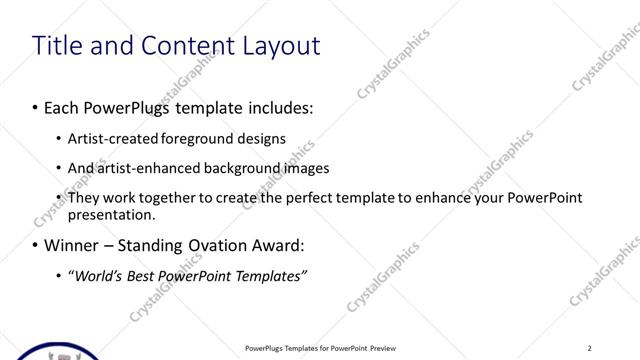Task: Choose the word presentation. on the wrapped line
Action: [111, 214]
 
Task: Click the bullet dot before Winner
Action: [36, 246]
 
